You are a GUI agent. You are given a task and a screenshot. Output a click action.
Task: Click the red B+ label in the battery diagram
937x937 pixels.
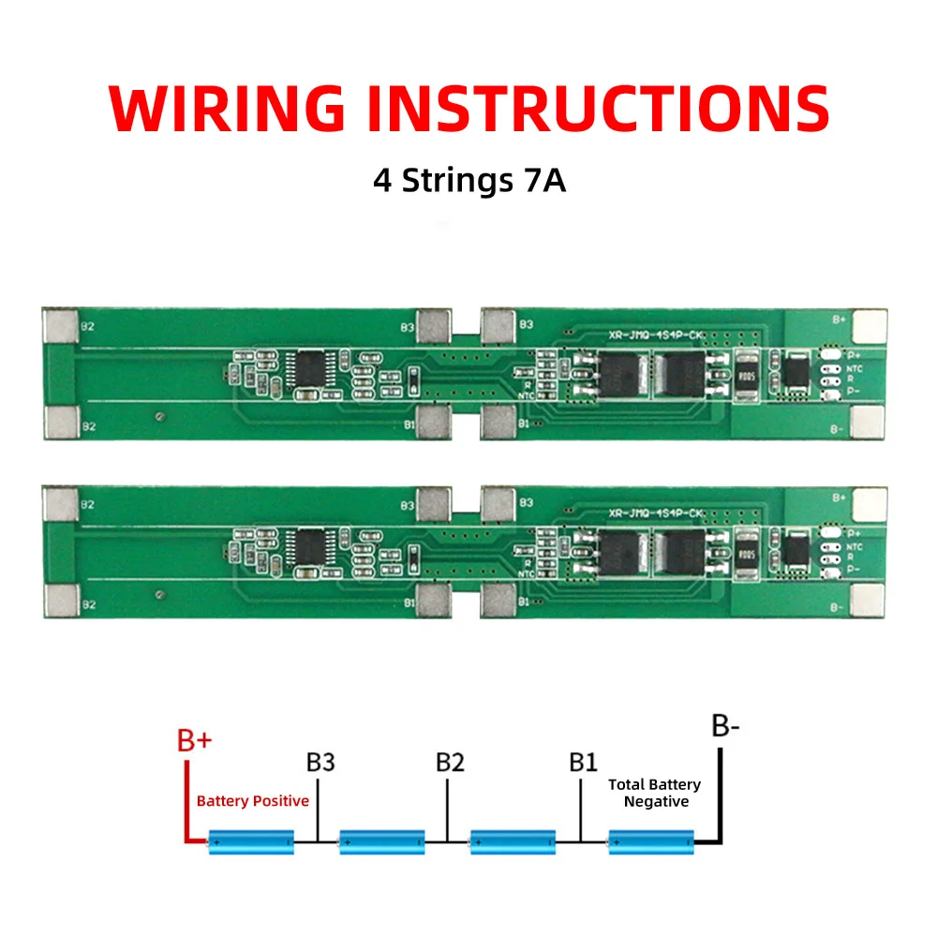tap(195, 741)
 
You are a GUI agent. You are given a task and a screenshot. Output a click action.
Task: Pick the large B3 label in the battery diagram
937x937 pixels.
tap(320, 762)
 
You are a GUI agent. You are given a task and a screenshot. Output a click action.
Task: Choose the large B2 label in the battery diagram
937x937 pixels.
tap(450, 762)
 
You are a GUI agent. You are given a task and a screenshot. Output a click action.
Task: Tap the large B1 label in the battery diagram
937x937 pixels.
tap(583, 762)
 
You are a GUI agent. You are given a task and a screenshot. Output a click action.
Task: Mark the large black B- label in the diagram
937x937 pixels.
tap(727, 727)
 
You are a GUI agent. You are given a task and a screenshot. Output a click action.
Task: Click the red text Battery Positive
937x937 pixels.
tap(252, 801)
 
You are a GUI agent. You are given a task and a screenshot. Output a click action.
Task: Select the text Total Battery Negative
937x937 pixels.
tap(655, 793)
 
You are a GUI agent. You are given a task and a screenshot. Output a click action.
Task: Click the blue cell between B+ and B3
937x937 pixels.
tap(251, 842)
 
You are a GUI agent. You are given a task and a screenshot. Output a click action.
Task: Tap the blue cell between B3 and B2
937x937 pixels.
tap(382, 842)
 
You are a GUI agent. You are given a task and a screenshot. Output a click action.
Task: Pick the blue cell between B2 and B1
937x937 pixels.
tap(513, 842)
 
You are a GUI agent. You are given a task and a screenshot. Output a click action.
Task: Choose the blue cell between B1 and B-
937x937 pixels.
tap(651, 842)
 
